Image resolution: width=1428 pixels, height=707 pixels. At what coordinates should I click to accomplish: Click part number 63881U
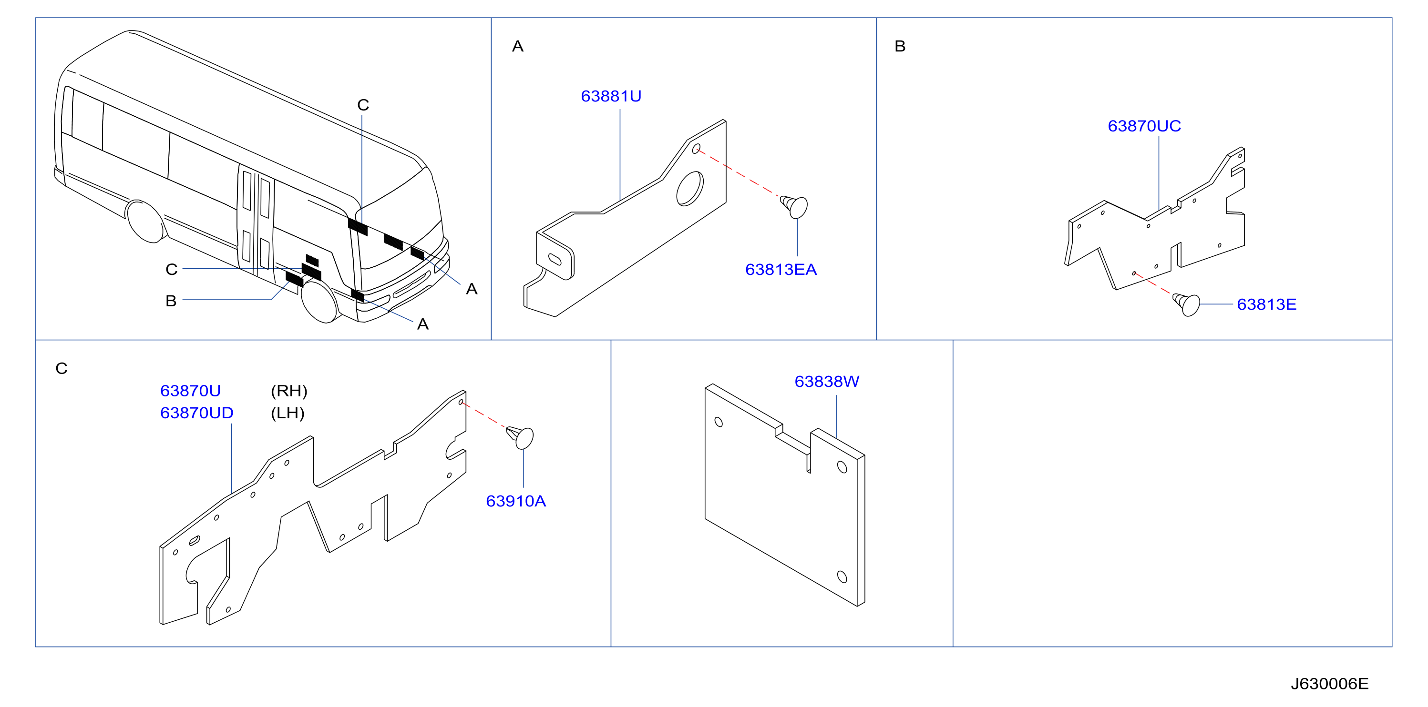[x=611, y=96]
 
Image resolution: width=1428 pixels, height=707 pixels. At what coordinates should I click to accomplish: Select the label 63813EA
[x=781, y=270]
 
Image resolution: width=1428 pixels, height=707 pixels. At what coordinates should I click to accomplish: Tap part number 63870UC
[x=1144, y=126]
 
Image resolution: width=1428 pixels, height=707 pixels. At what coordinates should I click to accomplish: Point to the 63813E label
[x=1267, y=305]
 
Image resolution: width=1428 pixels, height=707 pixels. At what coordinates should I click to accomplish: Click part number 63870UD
[x=197, y=414]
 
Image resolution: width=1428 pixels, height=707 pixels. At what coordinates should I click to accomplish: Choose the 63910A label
[x=515, y=502]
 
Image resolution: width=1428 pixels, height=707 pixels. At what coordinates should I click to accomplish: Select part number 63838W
[x=827, y=382]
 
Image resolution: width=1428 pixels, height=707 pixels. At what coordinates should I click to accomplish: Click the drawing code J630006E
[x=1329, y=684]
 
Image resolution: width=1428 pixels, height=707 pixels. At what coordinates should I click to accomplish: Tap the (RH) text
[x=289, y=391]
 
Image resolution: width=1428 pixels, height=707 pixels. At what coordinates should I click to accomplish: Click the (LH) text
[x=288, y=414]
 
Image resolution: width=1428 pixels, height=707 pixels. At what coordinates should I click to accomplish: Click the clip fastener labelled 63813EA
[x=794, y=206]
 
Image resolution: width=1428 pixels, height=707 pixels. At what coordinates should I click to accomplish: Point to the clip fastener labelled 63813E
[x=1187, y=304]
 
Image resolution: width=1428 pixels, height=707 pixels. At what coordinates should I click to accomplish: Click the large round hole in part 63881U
[x=689, y=189]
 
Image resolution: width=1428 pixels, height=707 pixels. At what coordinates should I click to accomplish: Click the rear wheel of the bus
[x=146, y=222]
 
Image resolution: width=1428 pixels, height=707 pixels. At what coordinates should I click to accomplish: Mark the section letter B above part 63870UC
[x=900, y=47]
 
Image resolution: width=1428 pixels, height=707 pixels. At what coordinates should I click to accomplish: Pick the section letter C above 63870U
[x=62, y=368]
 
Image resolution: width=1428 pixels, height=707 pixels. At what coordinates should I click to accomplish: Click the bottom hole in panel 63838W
[x=842, y=577]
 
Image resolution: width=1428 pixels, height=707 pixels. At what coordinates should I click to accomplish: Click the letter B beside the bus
[x=171, y=301]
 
